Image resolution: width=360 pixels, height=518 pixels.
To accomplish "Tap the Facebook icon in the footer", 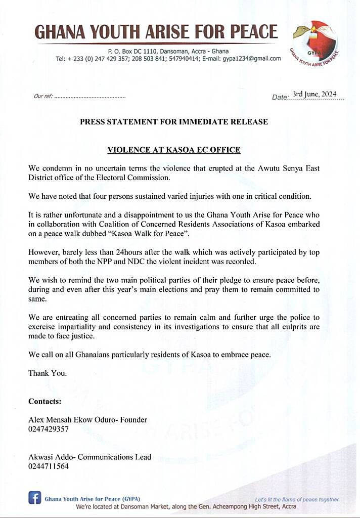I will pos(34,498).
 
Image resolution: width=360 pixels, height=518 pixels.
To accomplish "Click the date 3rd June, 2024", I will pos(314,95).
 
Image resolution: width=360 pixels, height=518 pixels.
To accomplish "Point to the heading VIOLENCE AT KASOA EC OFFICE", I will pos(174,150).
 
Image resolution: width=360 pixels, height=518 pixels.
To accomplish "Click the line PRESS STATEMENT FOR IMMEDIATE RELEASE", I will pos(174,122).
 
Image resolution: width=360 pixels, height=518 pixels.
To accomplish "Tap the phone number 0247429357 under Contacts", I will pos(49,429).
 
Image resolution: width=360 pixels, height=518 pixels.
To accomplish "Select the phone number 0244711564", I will pos(49,466).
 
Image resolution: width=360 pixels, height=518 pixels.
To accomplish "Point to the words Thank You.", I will pos(48,373).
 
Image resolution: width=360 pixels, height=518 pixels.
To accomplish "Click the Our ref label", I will pos(42,96).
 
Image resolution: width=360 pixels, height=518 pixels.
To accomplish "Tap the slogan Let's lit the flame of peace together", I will pos(296,499).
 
